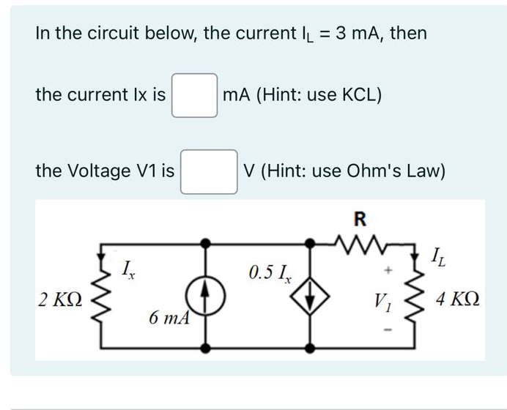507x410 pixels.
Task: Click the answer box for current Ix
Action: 194,95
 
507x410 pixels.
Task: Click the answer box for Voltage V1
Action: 209,171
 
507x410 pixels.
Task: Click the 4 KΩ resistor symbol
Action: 415,299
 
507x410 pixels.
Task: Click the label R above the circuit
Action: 359,217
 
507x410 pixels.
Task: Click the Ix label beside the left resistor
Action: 127,272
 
